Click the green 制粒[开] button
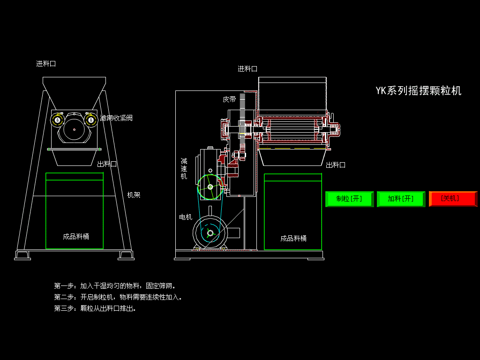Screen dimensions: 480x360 coord(349,199)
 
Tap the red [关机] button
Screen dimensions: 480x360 coord(453,199)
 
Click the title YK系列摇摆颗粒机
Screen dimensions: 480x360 coord(419,90)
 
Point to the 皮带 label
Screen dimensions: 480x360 coord(229,99)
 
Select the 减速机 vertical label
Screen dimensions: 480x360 coord(184,168)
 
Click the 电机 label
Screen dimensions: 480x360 coord(186,217)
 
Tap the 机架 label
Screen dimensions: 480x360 coord(134,195)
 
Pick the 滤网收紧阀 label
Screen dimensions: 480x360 coord(116,118)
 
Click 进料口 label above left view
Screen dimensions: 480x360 coord(46,64)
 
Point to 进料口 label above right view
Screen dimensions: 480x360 coord(247,69)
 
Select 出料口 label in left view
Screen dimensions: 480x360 coord(107,164)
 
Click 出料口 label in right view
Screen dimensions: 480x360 coord(336,165)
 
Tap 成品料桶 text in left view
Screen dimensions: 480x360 coord(76,237)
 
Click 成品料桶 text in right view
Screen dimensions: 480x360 coord(293,239)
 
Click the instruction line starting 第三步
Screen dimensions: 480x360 coord(95,308)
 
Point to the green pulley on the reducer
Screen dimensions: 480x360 coord(210,187)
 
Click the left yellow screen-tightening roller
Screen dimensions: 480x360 coord(57,120)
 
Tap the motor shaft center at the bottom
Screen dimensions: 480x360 coord(210,233)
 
